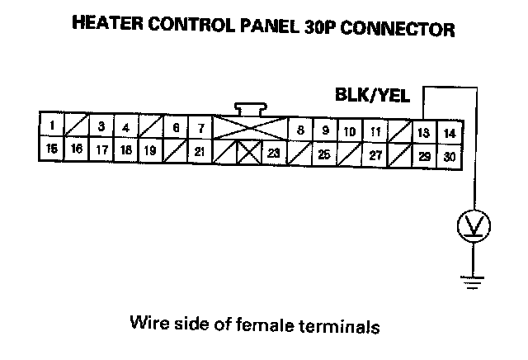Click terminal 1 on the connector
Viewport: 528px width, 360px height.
[x=51, y=126]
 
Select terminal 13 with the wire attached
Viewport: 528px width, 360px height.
[x=423, y=132]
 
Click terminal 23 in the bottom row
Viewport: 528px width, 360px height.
[x=273, y=153]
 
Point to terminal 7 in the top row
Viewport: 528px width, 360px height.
[x=200, y=128]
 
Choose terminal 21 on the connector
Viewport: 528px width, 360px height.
[x=199, y=151]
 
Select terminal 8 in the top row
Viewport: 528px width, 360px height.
[x=300, y=130]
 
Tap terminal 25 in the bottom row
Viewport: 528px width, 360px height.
[x=324, y=154]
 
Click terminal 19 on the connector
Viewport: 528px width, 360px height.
[x=149, y=150]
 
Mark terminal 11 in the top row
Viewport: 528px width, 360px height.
[x=375, y=131]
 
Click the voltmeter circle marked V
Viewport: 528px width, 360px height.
[x=474, y=224]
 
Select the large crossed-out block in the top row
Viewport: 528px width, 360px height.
[x=249, y=127]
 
